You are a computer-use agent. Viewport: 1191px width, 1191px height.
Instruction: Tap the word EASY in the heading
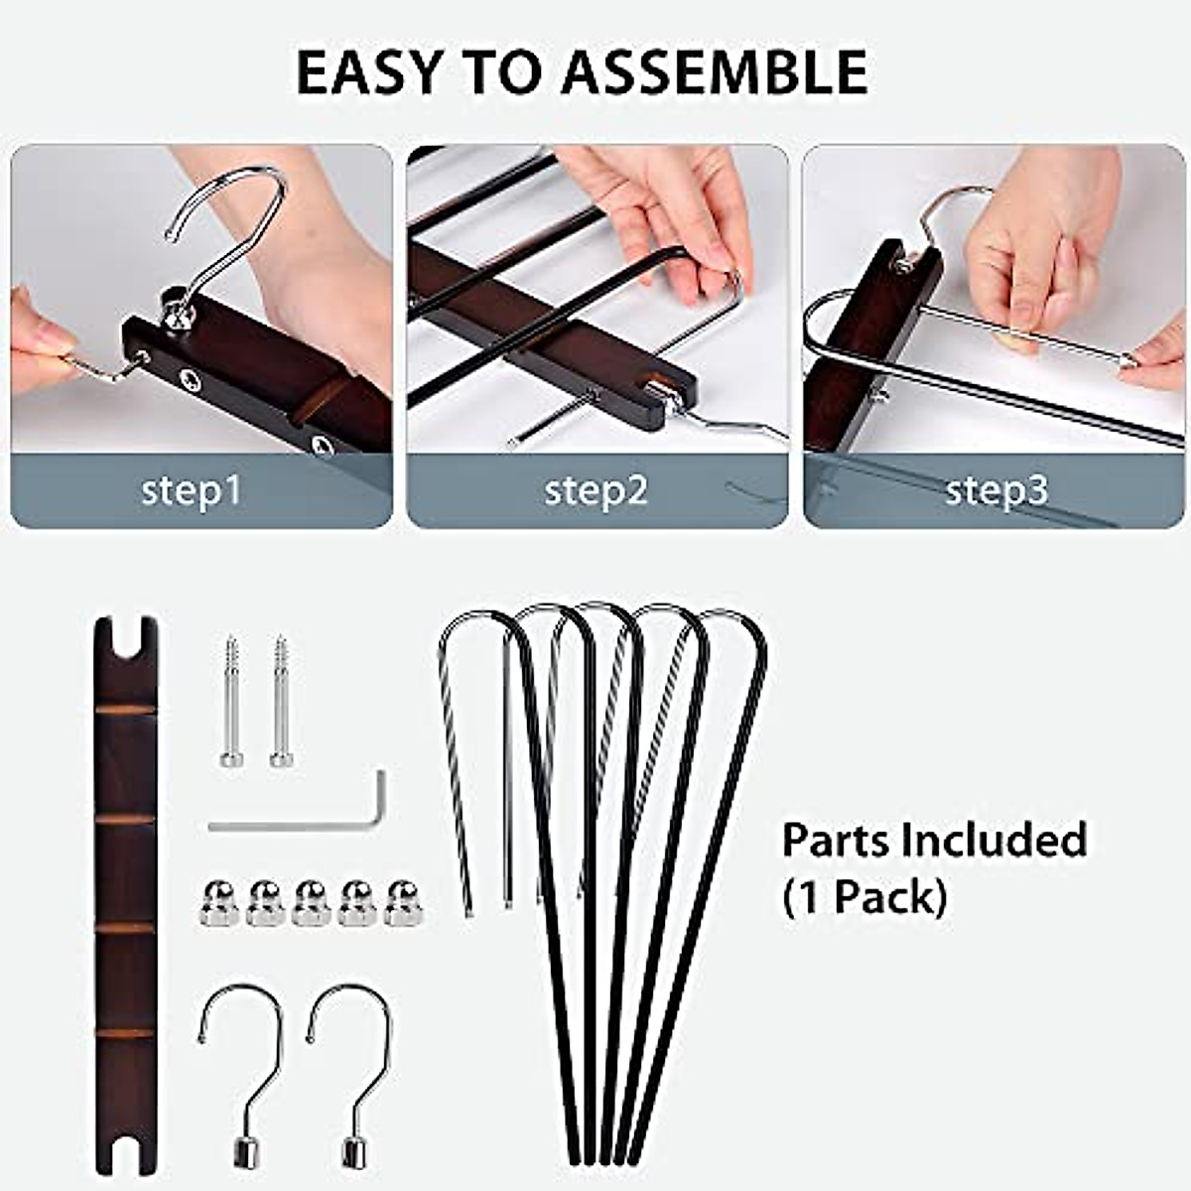coord(368,71)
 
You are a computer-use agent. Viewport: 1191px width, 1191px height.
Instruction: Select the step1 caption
coord(192,490)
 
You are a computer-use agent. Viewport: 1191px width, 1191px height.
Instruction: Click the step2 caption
coord(595,490)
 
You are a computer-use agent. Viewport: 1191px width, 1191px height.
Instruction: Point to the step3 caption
coord(996,490)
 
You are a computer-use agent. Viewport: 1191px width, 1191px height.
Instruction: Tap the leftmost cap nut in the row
coord(218,902)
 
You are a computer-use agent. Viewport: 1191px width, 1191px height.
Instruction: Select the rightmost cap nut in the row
coord(403,902)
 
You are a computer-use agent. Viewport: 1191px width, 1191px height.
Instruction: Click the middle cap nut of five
coord(311,902)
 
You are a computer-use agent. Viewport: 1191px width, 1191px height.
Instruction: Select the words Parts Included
coord(934,840)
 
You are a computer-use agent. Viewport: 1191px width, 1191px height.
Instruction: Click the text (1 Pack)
coord(863,897)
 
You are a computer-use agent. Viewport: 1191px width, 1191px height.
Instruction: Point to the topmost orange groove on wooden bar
coord(126,711)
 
